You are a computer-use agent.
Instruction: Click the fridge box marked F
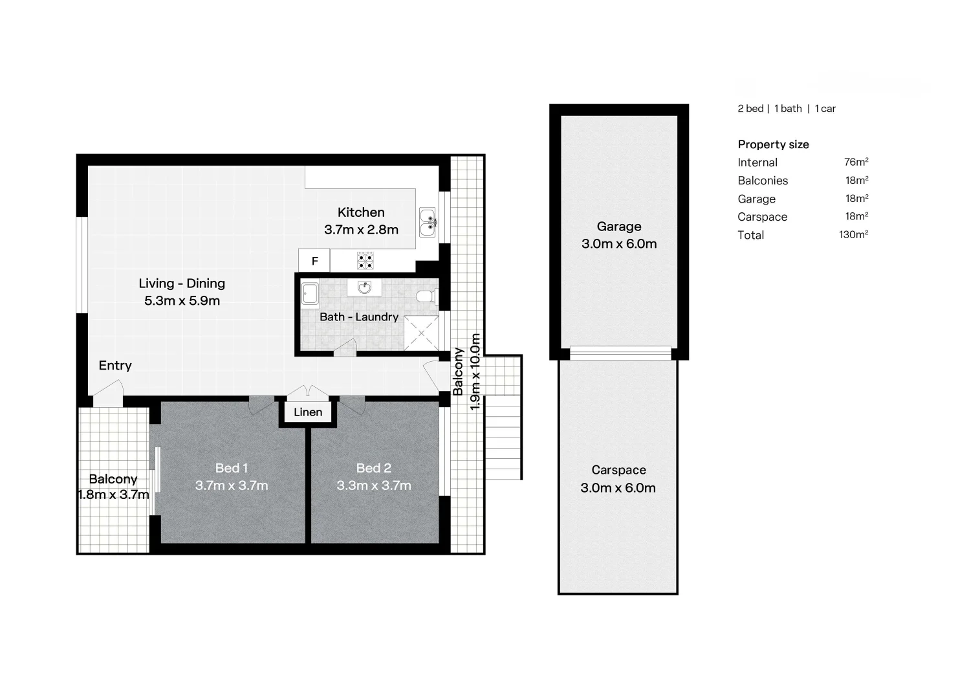click(x=314, y=261)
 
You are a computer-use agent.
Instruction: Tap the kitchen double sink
click(x=427, y=222)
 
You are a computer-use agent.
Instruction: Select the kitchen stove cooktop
click(x=365, y=261)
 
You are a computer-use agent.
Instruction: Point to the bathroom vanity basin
click(x=364, y=287)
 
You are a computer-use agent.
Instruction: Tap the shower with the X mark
click(x=421, y=334)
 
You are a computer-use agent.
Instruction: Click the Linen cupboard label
click(x=308, y=412)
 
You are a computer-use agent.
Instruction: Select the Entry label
click(x=115, y=366)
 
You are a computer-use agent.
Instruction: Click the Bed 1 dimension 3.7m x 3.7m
click(x=232, y=485)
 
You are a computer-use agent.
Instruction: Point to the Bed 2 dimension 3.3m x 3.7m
click(x=374, y=485)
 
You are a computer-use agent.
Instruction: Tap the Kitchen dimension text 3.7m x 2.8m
click(x=361, y=230)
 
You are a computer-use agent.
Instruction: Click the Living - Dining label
click(x=182, y=283)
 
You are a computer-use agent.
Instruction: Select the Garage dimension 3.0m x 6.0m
click(x=619, y=244)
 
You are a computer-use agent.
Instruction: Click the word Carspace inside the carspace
click(x=618, y=471)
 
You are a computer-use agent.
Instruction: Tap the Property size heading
click(x=773, y=144)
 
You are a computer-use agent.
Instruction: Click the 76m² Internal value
click(x=856, y=162)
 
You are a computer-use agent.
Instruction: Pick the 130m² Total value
click(x=853, y=235)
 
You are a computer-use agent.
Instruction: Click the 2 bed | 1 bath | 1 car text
click(x=787, y=109)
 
